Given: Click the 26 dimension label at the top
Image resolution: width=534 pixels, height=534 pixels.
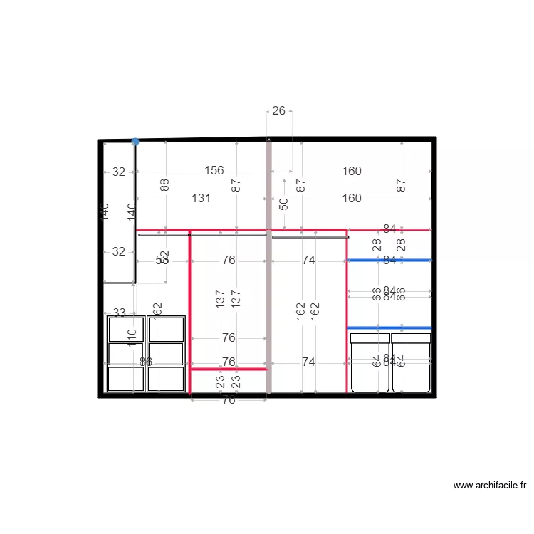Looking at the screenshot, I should point(279,110).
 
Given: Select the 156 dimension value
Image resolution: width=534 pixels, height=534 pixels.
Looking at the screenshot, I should point(214,171).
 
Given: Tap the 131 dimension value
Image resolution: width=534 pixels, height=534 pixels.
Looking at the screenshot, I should point(201,199).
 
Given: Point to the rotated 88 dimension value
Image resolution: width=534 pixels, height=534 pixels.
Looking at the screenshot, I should point(165,186).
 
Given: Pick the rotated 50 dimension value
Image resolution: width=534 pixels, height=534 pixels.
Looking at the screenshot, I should point(284,204).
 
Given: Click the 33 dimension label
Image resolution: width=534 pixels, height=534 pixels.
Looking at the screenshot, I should point(119,313).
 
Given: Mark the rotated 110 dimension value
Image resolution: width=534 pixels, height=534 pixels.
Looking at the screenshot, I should point(132,337).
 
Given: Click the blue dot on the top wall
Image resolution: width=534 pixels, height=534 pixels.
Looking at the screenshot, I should point(135,142).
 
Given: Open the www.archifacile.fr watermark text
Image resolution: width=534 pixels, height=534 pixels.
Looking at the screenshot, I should point(490,486).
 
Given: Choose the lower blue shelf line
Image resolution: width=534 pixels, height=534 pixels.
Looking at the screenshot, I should point(389,328).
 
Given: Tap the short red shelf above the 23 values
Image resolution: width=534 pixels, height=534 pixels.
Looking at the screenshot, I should point(229,369).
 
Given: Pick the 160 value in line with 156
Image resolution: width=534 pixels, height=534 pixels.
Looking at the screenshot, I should point(352,171).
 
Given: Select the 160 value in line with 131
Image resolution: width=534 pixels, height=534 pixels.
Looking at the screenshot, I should point(352,199).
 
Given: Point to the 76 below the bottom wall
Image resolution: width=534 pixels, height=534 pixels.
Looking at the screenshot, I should point(229,400).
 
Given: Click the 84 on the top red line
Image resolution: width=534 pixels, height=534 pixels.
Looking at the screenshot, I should point(389,229).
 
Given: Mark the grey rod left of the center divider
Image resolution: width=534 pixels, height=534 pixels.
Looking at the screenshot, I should point(202,234).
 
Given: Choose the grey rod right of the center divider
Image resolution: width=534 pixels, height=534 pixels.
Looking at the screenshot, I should point(310,236).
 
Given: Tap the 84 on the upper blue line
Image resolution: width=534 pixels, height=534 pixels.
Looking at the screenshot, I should point(389,261).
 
